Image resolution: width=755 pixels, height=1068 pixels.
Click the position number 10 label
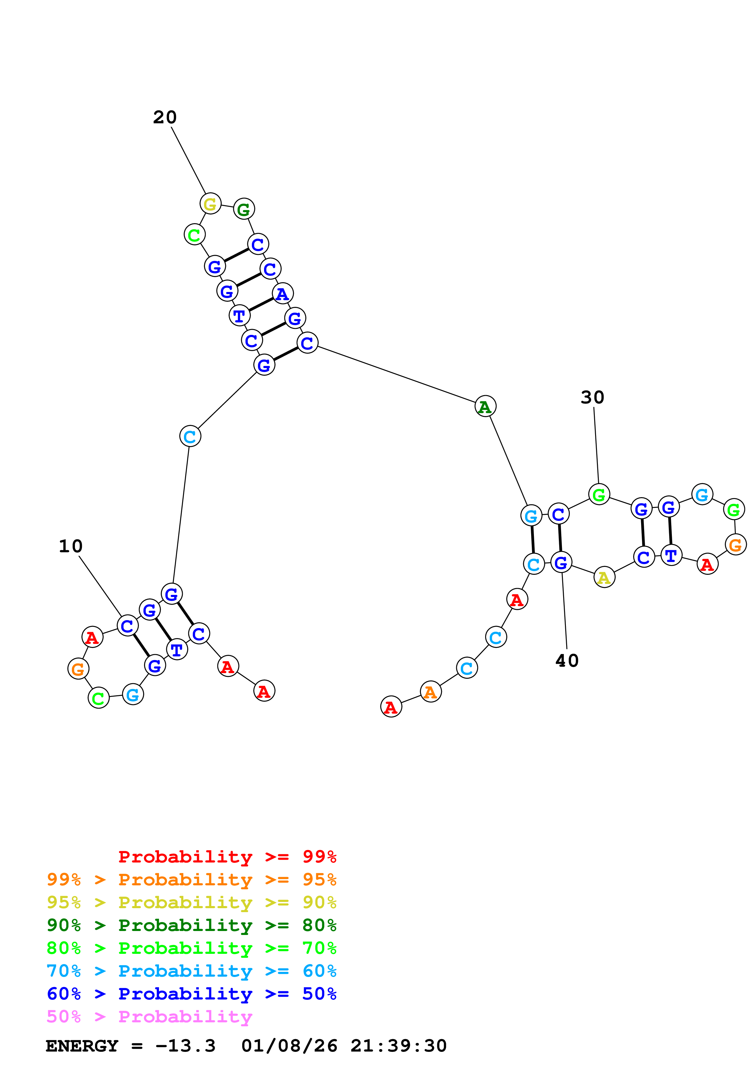tap(71, 546)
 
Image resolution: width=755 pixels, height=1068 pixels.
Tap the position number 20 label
tap(165, 117)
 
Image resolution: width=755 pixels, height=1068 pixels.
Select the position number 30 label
tap(592, 397)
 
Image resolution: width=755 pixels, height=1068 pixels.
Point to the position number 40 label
tap(567, 661)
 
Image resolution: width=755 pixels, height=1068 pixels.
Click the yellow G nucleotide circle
tap(210, 204)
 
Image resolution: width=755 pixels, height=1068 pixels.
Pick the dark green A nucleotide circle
tap(485, 406)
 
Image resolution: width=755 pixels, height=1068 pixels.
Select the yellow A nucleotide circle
tap(604, 578)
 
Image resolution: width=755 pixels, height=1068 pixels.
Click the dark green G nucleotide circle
tap(244, 209)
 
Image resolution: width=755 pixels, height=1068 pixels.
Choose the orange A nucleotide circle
tap(431, 692)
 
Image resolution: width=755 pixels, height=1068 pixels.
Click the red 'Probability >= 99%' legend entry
tap(227, 857)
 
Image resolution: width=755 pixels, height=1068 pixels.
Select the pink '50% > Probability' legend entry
tap(149, 1017)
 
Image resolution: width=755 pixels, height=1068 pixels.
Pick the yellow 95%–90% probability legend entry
tap(191, 902)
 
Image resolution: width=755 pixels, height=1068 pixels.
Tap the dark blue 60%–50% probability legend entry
tap(191, 994)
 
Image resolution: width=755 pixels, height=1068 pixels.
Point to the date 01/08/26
tap(289, 1046)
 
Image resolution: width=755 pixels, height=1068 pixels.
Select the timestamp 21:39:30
tap(399, 1046)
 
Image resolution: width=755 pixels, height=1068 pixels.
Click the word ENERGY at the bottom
tap(82, 1046)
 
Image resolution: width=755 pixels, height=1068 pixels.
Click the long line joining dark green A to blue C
tap(396, 374)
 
